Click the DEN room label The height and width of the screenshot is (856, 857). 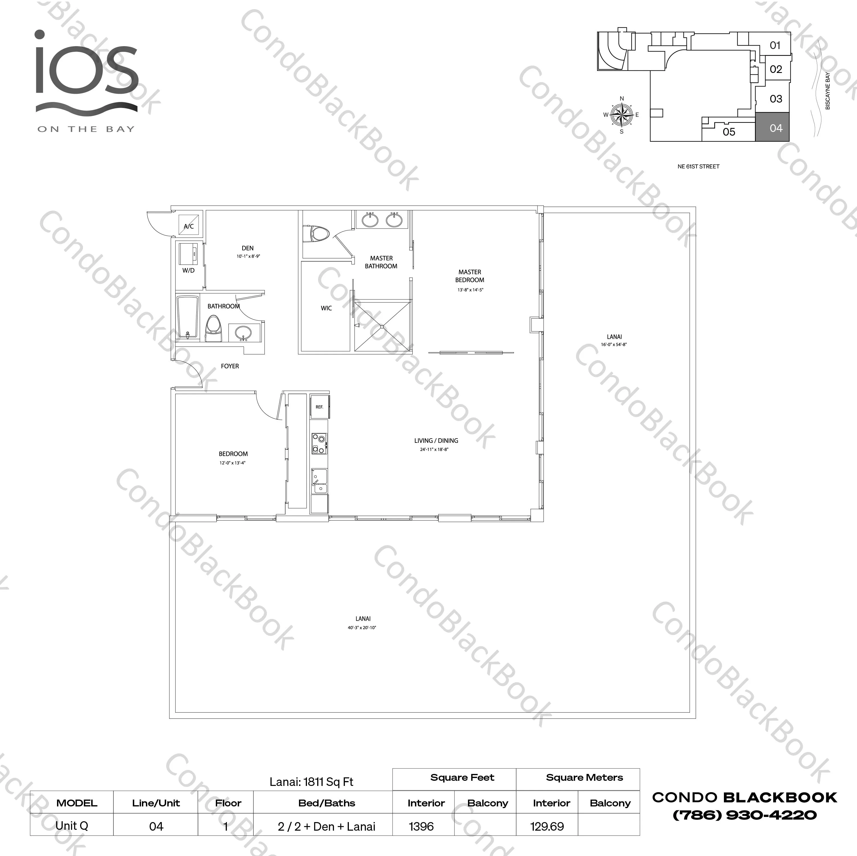247,248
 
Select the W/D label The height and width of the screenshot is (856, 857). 188,270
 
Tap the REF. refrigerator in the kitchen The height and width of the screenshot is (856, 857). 319,406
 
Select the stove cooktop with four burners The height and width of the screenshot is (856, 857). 319,443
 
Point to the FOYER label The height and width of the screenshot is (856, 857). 230,366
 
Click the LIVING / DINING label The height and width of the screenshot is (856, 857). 436,441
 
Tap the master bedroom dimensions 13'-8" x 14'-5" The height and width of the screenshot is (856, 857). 470,290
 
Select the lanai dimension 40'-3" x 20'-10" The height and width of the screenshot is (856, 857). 362,627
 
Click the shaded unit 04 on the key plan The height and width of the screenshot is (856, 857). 772,127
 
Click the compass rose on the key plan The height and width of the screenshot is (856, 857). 622,115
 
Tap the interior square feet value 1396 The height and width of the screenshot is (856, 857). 422,826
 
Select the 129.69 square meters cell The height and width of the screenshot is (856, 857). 547,826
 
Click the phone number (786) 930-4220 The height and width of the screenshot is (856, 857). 745,815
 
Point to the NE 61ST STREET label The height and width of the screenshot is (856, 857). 698,166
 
